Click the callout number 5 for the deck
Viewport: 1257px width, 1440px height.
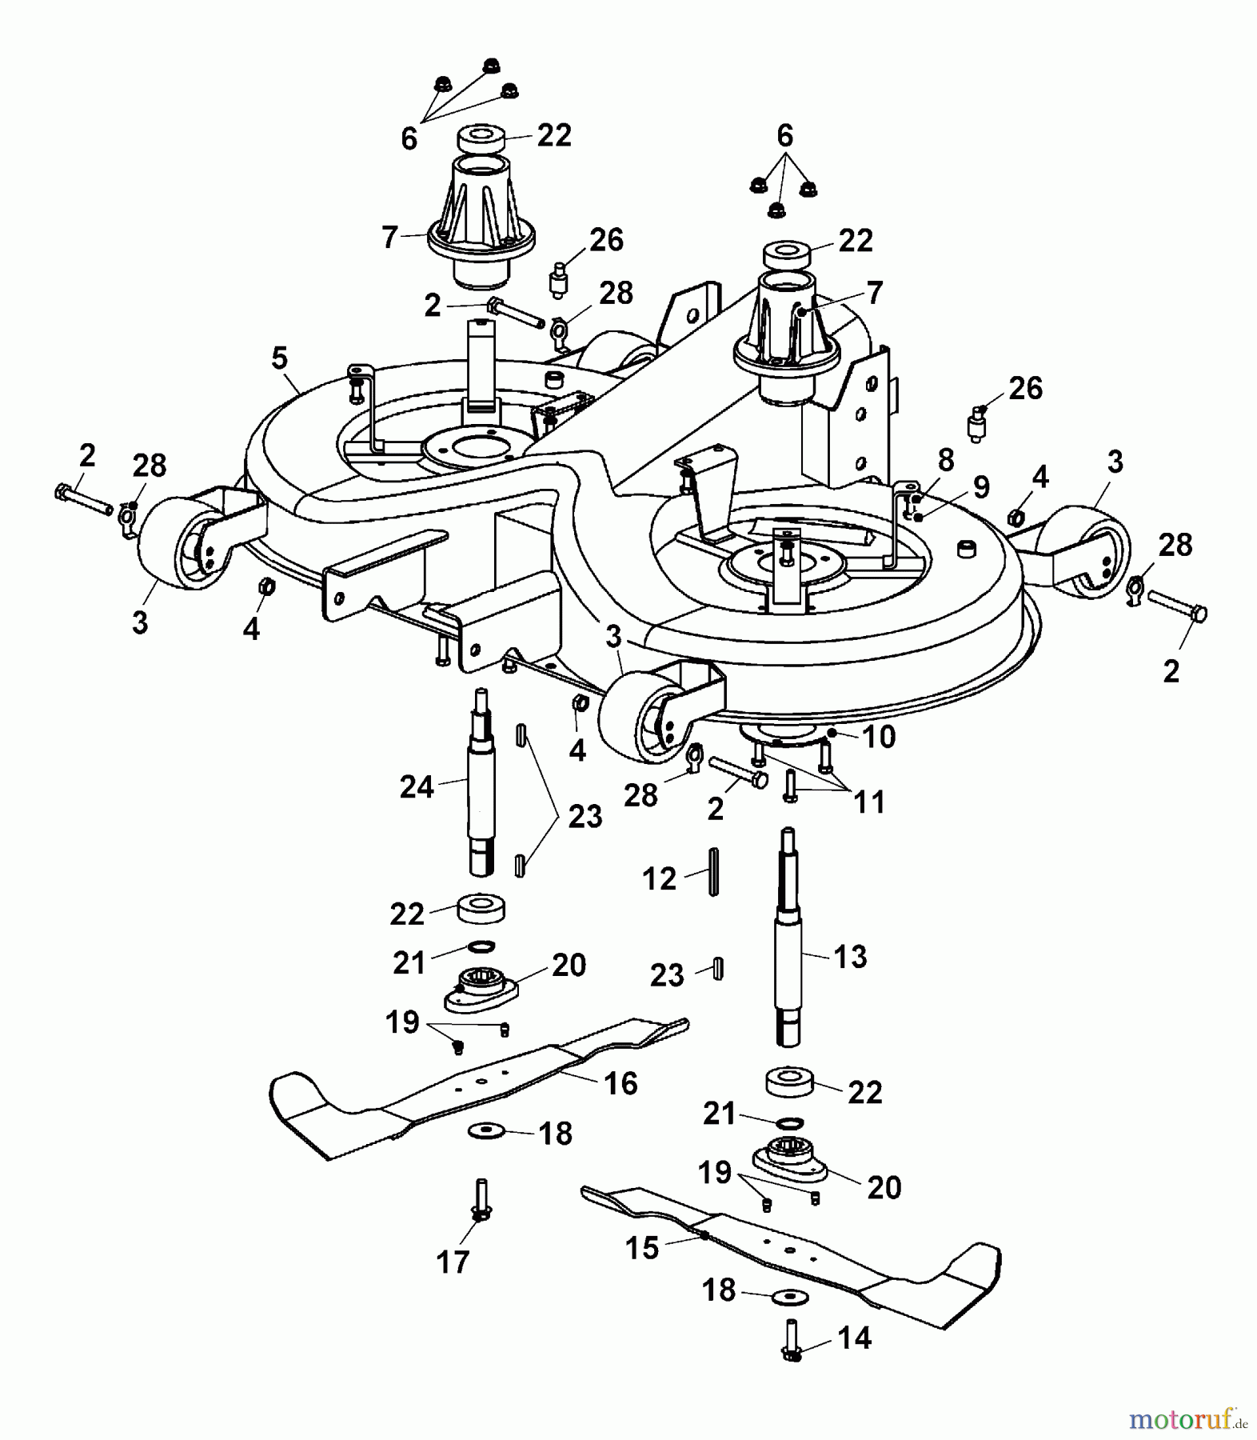click(279, 358)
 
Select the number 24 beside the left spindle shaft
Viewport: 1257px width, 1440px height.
click(417, 787)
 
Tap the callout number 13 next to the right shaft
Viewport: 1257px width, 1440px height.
click(850, 956)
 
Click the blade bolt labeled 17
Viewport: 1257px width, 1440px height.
click(481, 1200)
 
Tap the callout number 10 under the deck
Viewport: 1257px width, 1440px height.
click(880, 736)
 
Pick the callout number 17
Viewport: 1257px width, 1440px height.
click(453, 1262)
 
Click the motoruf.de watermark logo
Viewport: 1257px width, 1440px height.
click(1187, 1421)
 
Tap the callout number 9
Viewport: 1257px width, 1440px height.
click(980, 487)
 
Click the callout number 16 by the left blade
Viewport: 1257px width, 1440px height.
click(621, 1084)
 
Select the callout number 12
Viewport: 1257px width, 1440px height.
click(659, 879)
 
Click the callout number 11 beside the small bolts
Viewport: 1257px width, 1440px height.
click(869, 802)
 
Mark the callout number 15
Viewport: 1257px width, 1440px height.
click(642, 1248)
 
